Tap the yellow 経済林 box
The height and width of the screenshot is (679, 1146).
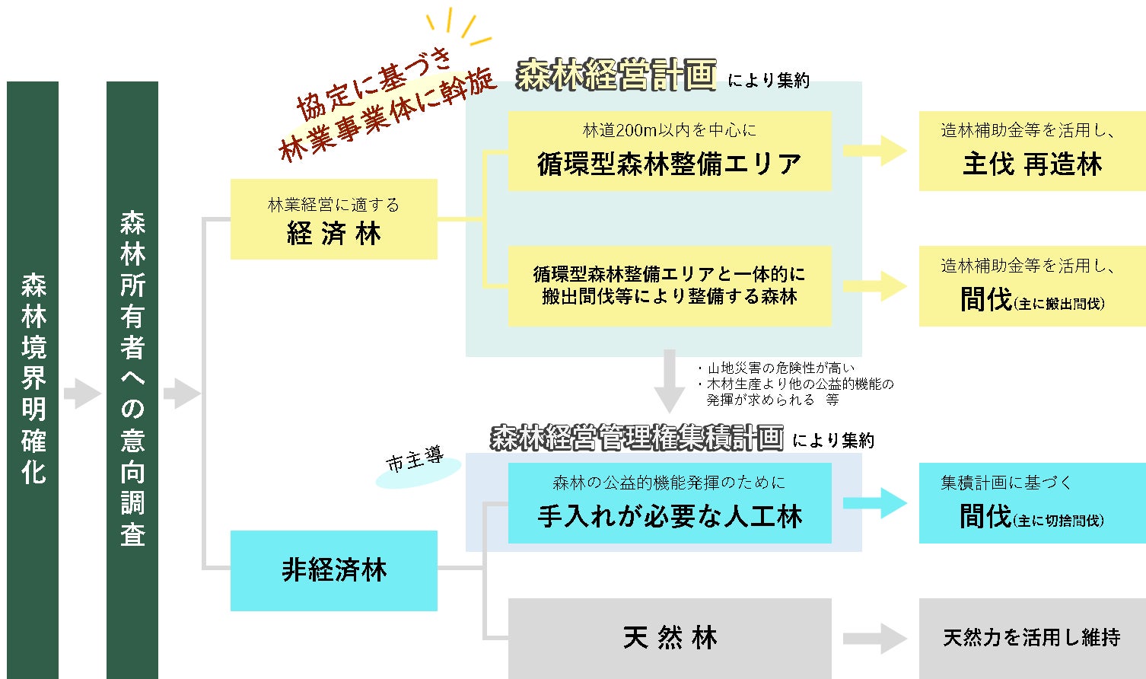pos(333,219)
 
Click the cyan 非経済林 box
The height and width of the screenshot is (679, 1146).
pos(333,570)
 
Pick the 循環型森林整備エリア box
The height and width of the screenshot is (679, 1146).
pos(669,151)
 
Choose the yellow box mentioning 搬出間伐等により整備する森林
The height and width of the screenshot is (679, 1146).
pos(669,285)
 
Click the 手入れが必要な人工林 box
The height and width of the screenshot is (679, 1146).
pos(669,503)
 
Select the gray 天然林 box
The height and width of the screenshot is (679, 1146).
pos(669,638)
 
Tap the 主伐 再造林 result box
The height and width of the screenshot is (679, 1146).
pos(1032,151)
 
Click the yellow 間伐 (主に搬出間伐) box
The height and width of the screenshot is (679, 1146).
pos(1032,286)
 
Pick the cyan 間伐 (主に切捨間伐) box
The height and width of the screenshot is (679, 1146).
pos(1032,503)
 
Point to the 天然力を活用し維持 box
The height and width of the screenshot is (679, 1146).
pos(1032,638)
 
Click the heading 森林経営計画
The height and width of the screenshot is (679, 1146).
pos(616,75)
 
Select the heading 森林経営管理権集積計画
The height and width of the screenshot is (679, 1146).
pos(636,438)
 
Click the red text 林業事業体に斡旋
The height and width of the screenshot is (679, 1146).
pos(388,116)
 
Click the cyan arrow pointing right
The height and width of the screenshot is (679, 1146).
pos(874,503)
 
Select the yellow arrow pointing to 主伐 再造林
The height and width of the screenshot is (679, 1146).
pos(874,151)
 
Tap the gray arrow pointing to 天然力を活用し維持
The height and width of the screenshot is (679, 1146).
pos(874,638)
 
